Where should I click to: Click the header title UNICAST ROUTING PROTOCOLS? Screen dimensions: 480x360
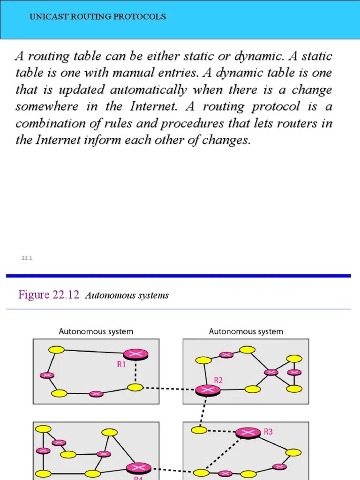pyautogui.click(x=97, y=17)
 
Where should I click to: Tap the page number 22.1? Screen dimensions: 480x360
pyautogui.click(x=26, y=258)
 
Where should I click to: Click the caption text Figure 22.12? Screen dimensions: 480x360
pyautogui.click(x=49, y=295)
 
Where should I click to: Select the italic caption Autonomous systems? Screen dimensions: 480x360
pyautogui.click(x=127, y=296)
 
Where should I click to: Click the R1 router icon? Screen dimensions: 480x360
pyautogui.click(x=136, y=354)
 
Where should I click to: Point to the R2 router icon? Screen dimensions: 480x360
pyautogui.click(x=207, y=390)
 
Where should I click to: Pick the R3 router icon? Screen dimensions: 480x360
pyautogui.click(x=248, y=433)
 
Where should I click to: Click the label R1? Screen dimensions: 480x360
pyautogui.click(x=121, y=364)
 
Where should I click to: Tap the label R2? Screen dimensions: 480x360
pyautogui.click(x=218, y=380)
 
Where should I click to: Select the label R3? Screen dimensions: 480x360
pyautogui.click(x=268, y=431)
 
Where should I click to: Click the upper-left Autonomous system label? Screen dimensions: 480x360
pyautogui.click(x=96, y=331)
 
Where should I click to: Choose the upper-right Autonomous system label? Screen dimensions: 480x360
pyautogui.click(x=246, y=331)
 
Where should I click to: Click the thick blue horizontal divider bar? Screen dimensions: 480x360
pyautogui.click(x=178, y=276)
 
